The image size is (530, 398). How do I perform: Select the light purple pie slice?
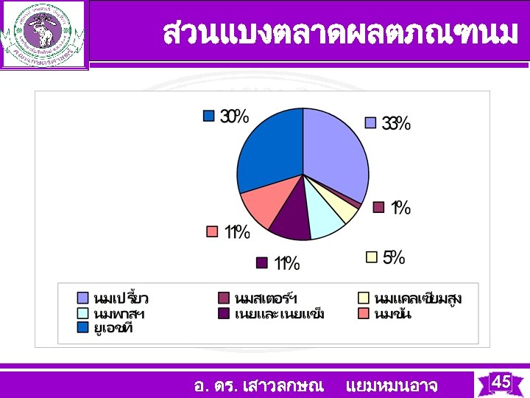click(335, 151)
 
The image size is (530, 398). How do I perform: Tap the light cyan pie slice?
click(325, 217)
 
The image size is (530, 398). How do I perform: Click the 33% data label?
click(396, 124)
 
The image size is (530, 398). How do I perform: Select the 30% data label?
click(234, 116)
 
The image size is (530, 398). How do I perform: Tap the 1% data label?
click(400, 208)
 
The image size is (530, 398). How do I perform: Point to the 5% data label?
click(394, 257)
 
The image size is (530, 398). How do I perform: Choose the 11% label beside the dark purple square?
click(286, 262)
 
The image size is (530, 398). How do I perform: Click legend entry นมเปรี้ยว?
click(121, 298)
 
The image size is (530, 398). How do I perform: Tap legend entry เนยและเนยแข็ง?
click(279, 313)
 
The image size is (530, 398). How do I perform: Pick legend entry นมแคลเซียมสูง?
click(417, 298)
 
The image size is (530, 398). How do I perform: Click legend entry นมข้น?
click(392, 313)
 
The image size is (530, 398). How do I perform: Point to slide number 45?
click(501, 382)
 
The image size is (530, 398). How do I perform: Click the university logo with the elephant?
click(43, 34)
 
